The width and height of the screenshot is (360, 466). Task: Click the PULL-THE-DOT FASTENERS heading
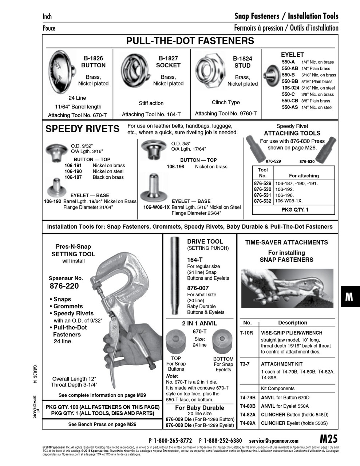(190, 41)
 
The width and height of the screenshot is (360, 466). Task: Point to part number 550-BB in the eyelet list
(290, 82)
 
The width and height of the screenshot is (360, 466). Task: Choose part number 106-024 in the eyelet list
(290, 88)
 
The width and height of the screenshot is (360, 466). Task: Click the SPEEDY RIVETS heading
(82, 129)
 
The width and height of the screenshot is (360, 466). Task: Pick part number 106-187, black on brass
(73, 177)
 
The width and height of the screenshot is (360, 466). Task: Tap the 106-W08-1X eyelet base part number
(157, 207)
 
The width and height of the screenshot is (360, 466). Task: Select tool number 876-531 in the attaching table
(262, 195)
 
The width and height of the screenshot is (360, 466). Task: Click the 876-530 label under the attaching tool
(307, 161)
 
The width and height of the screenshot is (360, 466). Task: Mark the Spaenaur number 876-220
(64, 286)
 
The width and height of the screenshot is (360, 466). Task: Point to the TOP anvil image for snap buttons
(176, 341)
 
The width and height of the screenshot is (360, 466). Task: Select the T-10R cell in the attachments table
(246, 333)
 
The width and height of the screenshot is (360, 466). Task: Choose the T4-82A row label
(248, 415)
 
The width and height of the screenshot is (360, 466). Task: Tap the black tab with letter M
(349, 297)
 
